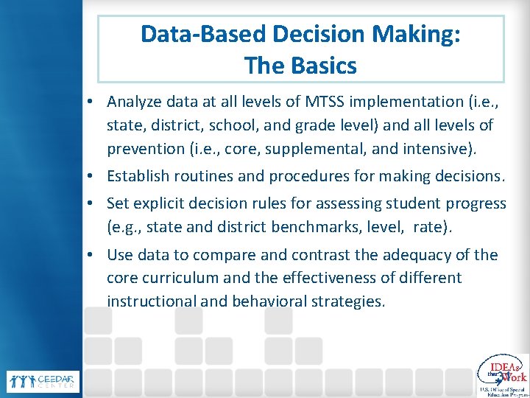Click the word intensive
439,149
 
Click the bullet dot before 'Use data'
96,256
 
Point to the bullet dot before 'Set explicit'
96,203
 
